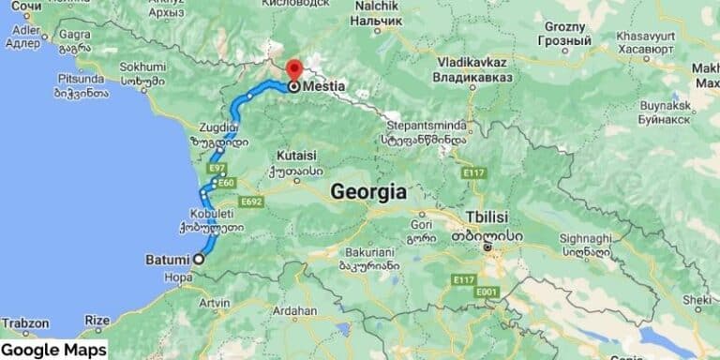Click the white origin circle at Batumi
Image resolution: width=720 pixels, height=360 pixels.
click(199, 258)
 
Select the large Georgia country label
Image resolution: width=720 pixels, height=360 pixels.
click(368, 192)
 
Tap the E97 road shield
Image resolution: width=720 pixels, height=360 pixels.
click(217, 169)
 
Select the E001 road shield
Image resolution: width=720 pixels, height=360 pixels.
click(485, 293)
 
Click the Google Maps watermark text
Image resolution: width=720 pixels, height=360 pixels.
click(53, 350)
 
